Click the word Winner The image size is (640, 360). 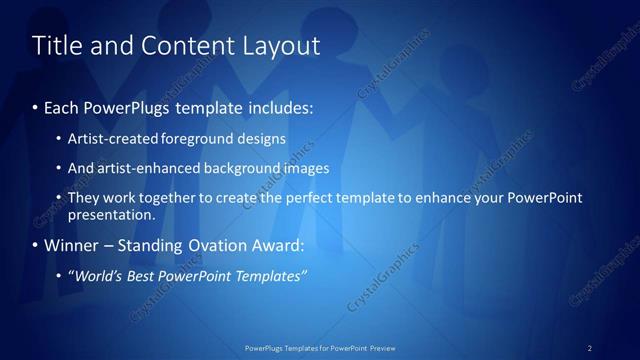point(72,245)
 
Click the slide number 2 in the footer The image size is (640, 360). point(590,348)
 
